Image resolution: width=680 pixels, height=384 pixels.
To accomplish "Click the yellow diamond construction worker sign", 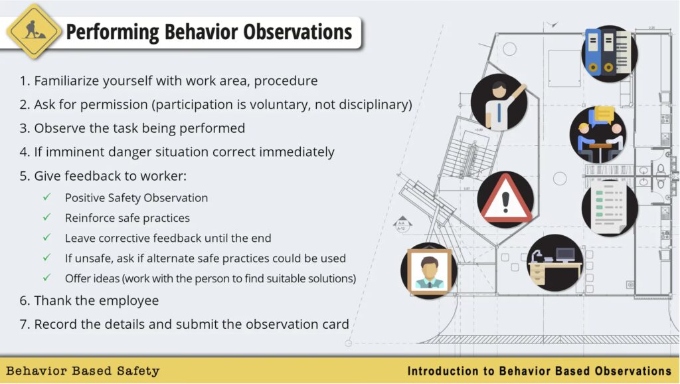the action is (34, 31).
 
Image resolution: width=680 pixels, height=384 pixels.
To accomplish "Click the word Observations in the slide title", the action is (297, 32).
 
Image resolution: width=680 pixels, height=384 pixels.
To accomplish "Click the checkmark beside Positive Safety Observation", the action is (47, 197).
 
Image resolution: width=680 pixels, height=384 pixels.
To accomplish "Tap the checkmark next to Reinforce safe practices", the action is (47, 217).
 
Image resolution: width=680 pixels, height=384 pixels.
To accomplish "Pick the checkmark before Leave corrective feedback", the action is (47, 237).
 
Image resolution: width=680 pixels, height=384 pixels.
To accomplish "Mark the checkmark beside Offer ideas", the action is (47, 278).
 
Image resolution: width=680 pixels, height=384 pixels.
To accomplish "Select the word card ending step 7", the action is (334, 324).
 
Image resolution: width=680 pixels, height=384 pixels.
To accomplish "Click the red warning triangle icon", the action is (505, 199).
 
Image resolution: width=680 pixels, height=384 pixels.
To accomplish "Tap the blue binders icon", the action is (609, 52).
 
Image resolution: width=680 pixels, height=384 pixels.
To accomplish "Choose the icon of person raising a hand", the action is (499, 102).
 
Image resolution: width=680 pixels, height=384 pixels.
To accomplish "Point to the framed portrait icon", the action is (429, 271).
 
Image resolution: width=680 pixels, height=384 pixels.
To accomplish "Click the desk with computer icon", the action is (555, 262).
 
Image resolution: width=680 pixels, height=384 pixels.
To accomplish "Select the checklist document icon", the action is (610, 207).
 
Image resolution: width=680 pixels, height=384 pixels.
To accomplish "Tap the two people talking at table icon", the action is (598, 134).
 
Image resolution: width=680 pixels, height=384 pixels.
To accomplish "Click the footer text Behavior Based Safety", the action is (83, 371).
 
